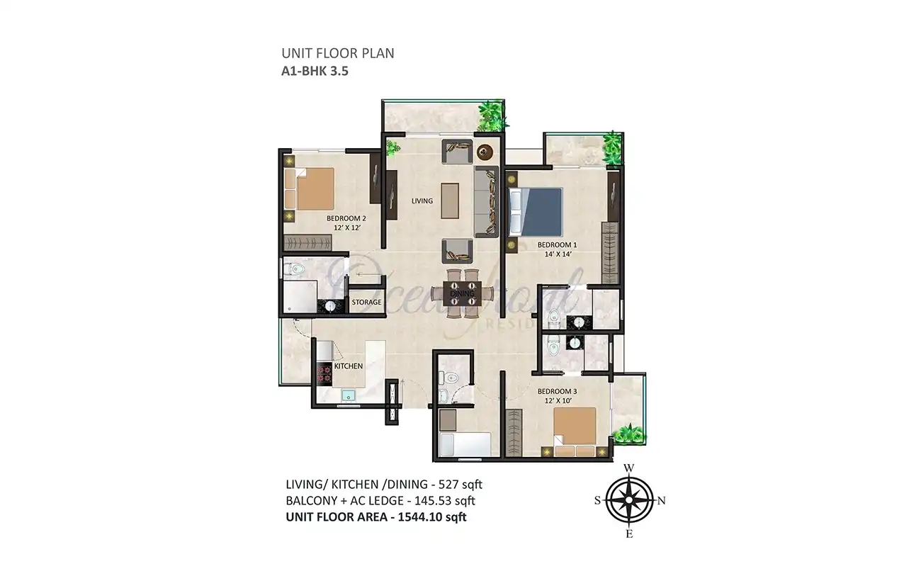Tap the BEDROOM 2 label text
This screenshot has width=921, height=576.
346,218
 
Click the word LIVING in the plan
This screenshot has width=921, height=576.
422,201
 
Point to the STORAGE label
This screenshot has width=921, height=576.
366,303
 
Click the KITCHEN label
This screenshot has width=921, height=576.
349,366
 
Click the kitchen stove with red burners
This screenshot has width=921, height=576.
324,373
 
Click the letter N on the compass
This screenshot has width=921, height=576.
662,500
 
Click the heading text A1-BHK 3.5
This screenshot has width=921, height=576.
316,70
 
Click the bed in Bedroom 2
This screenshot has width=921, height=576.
315,188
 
